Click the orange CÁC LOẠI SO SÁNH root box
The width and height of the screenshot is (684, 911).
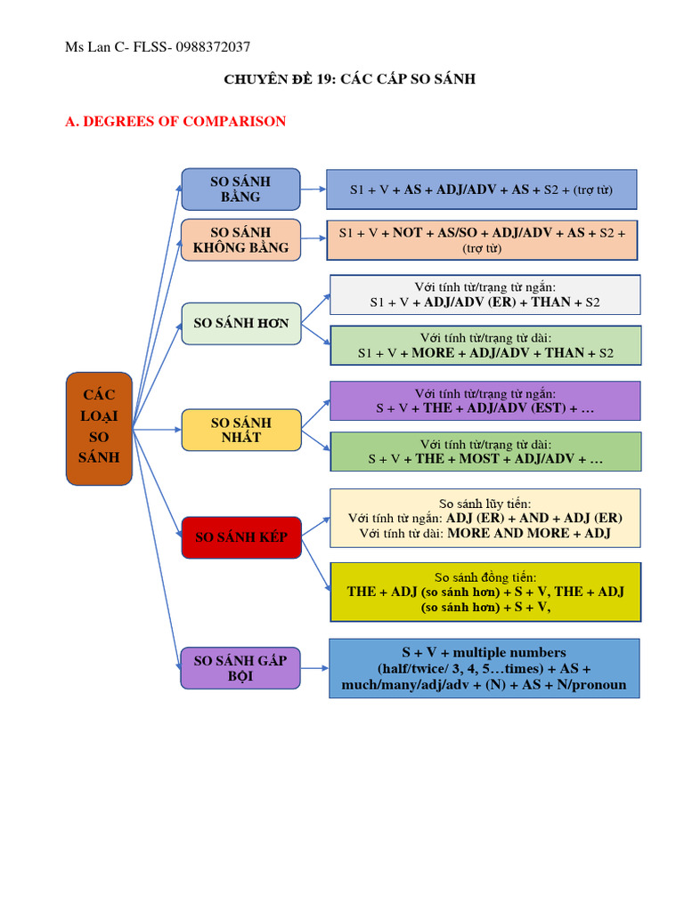[99, 428]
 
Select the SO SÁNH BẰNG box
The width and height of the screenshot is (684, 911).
[240, 189]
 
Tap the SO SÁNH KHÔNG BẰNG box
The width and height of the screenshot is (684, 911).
[240, 240]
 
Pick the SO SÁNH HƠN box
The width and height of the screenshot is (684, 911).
[240, 323]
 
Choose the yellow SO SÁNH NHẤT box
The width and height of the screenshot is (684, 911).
[240, 430]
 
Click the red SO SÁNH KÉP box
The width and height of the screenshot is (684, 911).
[240, 537]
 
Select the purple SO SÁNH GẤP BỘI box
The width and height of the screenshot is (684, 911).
[240, 668]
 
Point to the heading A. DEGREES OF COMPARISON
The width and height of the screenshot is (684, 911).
[175, 121]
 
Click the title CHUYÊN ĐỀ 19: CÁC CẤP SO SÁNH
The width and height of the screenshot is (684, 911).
[349, 79]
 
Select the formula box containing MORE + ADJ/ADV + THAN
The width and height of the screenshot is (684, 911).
[485, 345]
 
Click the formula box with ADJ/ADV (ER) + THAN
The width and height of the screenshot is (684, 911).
[485, 294]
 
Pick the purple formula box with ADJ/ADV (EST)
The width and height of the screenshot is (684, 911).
[485, 400]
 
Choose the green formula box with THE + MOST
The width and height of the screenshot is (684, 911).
[485, 451]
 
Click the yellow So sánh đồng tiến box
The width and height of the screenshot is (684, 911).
[485, 592]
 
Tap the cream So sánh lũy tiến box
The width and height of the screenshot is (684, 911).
[485, 518]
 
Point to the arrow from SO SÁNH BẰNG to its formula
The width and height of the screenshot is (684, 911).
[313, 189]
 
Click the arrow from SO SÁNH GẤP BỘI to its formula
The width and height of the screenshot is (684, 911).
[314, 668]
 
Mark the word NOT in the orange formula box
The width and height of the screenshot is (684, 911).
[407, 232]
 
